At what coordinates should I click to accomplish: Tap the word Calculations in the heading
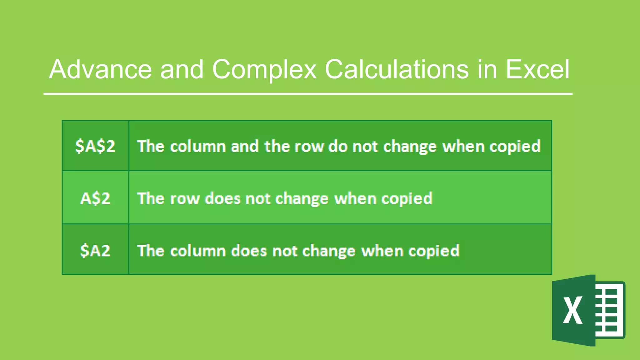397,69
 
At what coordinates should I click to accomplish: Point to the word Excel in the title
537,69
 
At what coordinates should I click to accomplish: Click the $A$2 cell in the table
95,146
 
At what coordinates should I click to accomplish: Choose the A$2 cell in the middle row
95,198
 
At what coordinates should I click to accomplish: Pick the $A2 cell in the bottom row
95,251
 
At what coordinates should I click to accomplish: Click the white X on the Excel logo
572,310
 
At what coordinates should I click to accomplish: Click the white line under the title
308,93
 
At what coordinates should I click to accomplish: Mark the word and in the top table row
245,147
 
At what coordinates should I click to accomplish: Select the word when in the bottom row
382,251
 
